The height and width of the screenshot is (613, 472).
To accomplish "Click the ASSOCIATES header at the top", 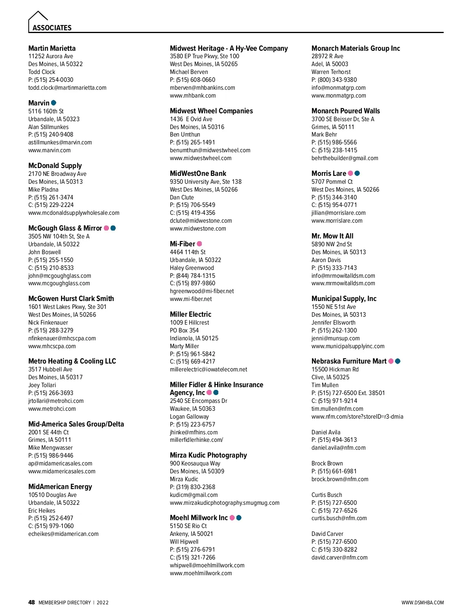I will point(52,28).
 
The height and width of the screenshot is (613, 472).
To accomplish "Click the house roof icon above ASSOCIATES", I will point(38,16).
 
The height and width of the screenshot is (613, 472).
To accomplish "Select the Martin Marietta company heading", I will point(52,48).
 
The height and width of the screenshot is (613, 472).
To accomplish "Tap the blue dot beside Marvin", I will point(54,103).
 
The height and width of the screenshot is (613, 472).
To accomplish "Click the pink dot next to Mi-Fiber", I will point(199,244).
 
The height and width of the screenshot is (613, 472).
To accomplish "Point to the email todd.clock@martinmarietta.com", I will point(67,88).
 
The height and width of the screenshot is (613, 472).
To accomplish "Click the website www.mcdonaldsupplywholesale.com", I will point(74,213).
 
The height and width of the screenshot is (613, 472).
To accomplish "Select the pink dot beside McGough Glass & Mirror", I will point(106,228).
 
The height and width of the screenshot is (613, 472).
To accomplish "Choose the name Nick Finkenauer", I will point(48,323).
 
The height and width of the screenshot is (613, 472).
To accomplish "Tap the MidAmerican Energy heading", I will point(60,487).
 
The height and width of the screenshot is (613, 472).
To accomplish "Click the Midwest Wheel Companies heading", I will point(211,111).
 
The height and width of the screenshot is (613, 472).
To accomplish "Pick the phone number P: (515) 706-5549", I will point(193,205).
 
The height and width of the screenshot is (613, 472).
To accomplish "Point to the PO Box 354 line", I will point(184,331).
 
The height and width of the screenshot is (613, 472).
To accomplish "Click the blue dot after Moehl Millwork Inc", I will point(239,518).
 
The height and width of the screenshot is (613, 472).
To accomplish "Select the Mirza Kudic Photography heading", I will point(208,455).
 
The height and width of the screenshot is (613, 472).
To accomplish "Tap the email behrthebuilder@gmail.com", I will point(345,158).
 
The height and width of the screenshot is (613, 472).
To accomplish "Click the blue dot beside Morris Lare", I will point(357,173).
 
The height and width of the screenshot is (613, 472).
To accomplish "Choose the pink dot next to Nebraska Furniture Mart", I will point(391,361).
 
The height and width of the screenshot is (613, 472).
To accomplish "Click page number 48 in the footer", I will point(31,602).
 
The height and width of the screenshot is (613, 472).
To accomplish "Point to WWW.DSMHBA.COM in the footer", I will point(422,603).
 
